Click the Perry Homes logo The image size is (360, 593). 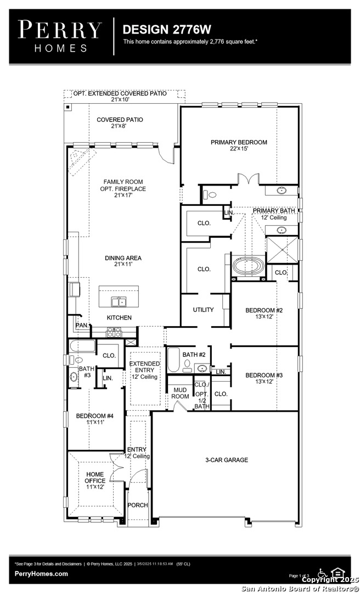(x=60, y=35)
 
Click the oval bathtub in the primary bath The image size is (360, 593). (x=249, y=267)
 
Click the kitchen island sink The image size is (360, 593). (x=119, y=301)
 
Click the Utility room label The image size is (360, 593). (x=203, y=310)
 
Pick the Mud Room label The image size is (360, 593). (x=180, y=393)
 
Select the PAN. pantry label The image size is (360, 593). (x=81, y=326)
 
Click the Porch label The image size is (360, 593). (x=137, y=505)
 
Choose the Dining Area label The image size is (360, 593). (x=123, y=261)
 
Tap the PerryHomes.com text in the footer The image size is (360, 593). (x=41, y=574)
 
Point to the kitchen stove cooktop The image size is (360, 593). (x=114, y=332)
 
